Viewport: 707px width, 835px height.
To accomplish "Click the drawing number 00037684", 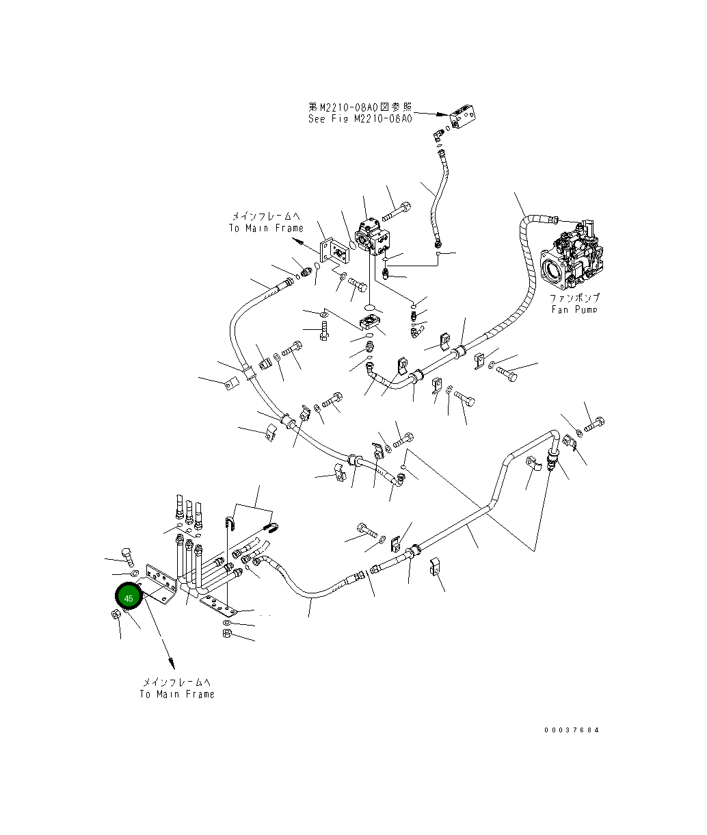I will pyautogui.click(x=572, y=730).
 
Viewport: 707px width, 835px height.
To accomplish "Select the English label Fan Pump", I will pyautogui.click(x=574, y=309).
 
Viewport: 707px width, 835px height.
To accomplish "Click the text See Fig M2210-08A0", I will pyautogui.click(x=360, y=118).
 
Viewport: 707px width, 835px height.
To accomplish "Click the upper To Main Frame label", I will pyautogui.click(x=266, y=228).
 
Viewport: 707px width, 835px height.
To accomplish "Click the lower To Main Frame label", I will pyautogui.click(x=177, y=694).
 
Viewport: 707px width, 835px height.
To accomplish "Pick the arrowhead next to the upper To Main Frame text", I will pyautogui.click(x=296, y=241).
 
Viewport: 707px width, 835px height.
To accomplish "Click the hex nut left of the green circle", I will pyautogui.click(x=116, y=615).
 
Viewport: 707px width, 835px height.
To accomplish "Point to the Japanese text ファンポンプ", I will pyautogui.click(x=575, y=298).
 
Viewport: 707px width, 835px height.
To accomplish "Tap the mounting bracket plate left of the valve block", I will pyautogui.click(x=336, y=251).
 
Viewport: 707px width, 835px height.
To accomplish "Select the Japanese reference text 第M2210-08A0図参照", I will pyautogui.click(x=360, y=107).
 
